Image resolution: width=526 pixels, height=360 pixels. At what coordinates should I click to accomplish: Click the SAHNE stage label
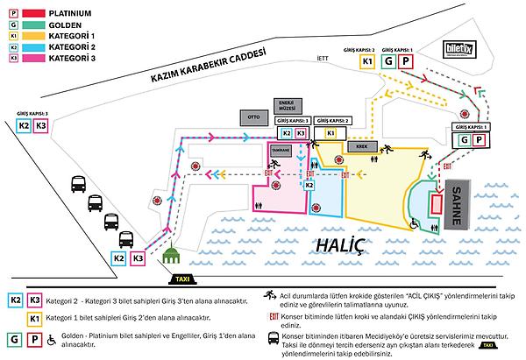coord(455,206)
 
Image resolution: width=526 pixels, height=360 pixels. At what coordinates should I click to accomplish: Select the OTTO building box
coord(254,116)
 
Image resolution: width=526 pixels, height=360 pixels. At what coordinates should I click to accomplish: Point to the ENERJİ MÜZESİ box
coord(285,104)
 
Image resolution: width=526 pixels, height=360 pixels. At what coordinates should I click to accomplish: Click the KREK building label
coord(360,146)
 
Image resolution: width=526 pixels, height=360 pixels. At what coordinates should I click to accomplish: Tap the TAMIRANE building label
coord(281,151)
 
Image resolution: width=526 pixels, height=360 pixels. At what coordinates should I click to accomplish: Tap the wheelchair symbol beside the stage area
coord(415,222)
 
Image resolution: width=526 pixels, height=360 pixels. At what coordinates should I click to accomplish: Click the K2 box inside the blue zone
coord(309,185)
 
